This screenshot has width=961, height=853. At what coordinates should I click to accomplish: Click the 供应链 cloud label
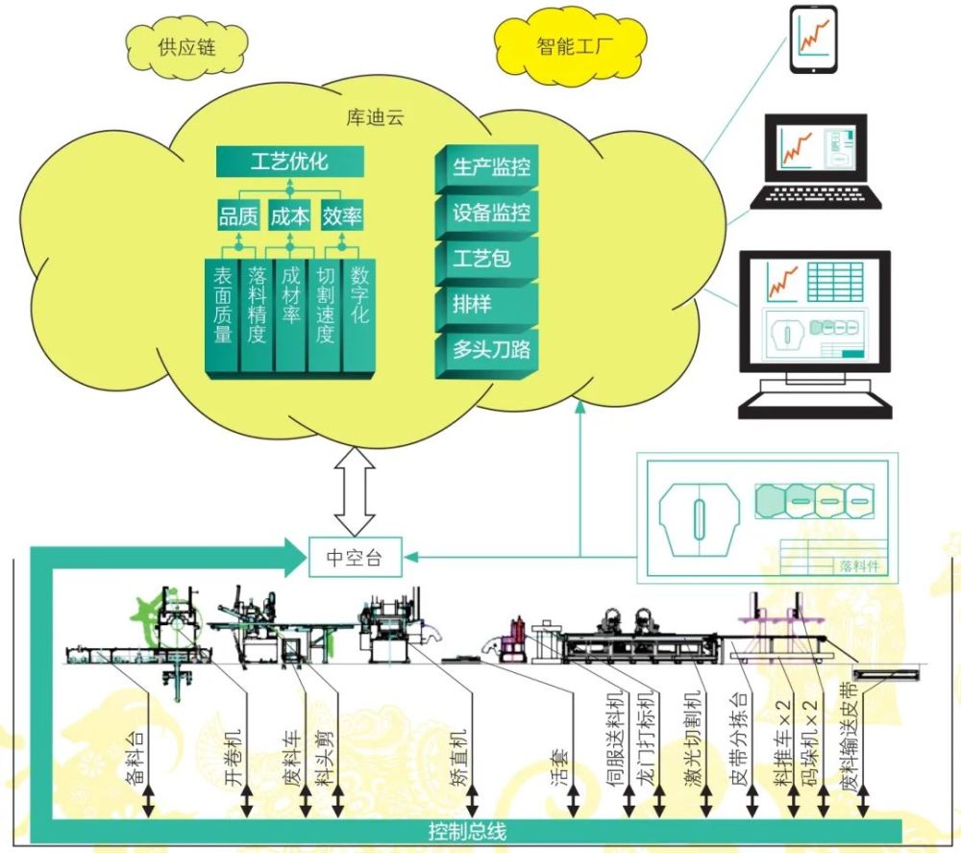pos(187,47)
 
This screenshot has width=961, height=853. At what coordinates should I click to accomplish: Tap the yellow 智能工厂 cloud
pos(571,46)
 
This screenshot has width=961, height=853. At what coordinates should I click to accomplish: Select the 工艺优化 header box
pos(290,162)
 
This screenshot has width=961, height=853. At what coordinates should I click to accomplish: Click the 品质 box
pos(238,215)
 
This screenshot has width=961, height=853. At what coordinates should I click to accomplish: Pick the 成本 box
pos(290,215)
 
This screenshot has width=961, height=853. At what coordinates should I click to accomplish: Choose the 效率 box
pos(342,215)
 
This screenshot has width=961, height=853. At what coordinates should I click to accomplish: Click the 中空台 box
pos(355,557)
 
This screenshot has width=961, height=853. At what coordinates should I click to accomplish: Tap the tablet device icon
pos(813,39)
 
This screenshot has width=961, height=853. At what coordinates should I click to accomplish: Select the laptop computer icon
pos(816,162)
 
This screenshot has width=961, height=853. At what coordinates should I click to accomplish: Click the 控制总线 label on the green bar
pos(467,832)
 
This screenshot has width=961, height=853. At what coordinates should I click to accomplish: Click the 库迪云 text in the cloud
pos(375,117)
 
